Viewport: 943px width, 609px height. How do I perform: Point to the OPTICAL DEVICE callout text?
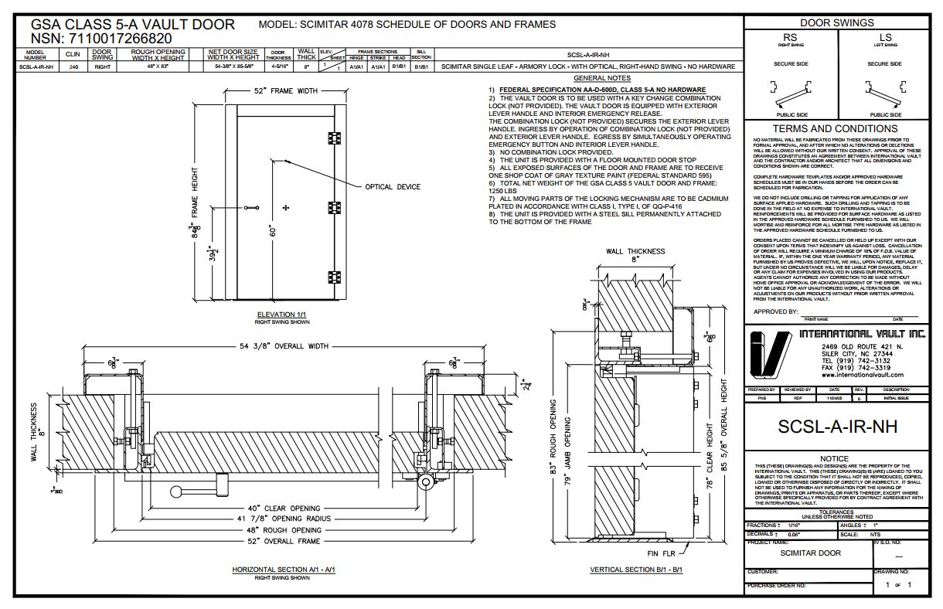click(x=393, y=187)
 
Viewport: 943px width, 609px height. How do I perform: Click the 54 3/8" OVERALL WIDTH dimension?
click(x=279, y=346)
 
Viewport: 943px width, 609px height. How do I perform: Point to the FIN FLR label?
click(x=657, y=554)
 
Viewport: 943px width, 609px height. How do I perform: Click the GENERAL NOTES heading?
click(x=601, y=78)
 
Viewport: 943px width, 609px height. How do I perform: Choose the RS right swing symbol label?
click(x=790, y=37)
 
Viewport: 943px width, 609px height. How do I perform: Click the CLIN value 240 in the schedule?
click(x=73, y=67)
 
